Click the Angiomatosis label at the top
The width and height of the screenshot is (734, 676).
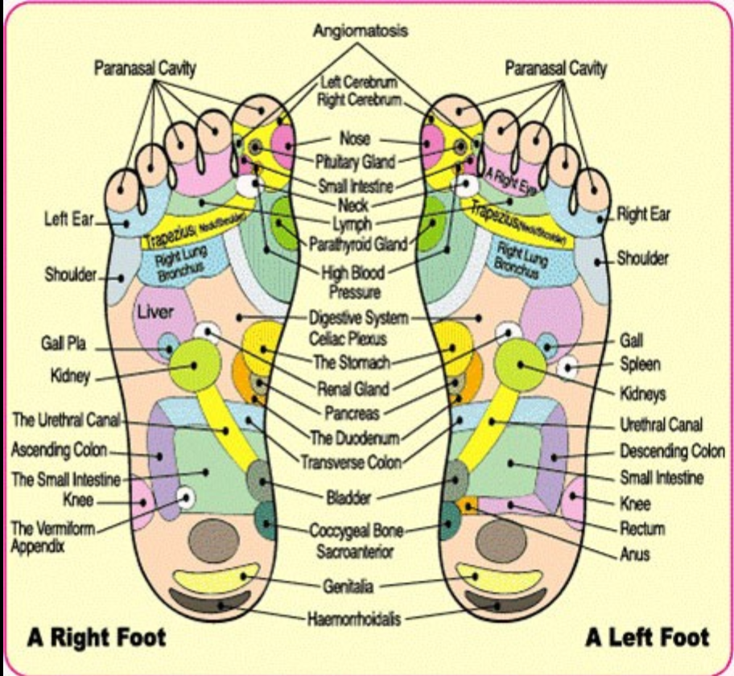(x=361, y=31)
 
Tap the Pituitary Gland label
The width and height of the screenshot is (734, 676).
(x=355, y=162)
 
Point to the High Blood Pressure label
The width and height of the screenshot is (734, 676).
(x=353, y=281)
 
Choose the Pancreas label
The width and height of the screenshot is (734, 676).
(x=353, y=413)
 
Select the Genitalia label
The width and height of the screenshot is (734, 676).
(x=348, y=586)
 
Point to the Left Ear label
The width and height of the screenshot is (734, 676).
(x=68, y=218)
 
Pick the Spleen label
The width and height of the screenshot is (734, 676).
(x=640, y=365)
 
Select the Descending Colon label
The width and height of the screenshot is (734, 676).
(x=672, y=451)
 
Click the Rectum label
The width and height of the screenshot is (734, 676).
(x=642, y=529)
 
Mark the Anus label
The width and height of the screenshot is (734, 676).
(x=635, y=554)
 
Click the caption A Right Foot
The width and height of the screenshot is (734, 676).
(x=96, y=638)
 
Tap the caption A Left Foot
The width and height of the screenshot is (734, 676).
(x=647, y=638)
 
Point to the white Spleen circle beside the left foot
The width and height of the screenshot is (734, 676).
(x=569, y=368)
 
